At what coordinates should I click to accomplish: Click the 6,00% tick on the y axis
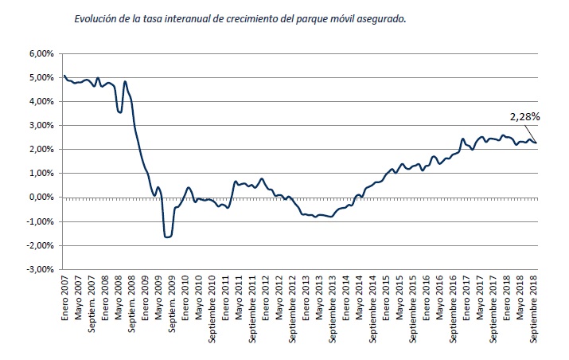coord(41,53)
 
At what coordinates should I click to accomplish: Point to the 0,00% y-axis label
coord(41,198)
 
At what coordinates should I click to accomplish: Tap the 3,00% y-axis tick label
coord(41,126)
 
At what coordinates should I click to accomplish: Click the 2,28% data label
coord(525,116)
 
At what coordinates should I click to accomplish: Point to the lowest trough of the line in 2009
coord(167,237)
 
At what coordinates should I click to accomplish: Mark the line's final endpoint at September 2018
coord(536,143)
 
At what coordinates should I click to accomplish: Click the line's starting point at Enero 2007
coord(64,76)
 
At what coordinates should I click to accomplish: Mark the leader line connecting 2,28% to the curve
coord(531,131)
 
